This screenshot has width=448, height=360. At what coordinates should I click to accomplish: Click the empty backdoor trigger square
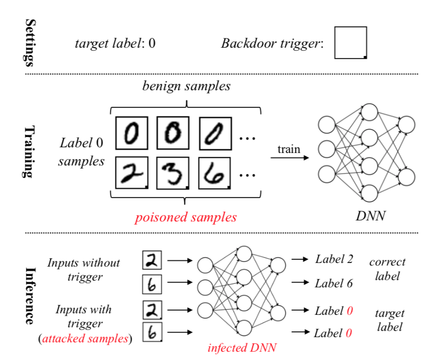click(351, 43)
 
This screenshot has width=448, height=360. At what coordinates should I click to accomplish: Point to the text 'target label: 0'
click(115, 43)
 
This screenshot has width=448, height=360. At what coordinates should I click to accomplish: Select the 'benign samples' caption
click(187, 86)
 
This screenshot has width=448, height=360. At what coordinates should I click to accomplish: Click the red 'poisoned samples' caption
click(186, 217)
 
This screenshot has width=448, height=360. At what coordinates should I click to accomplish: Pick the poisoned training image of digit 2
click(132, 174)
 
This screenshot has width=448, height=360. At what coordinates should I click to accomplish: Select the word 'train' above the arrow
click(288, 149)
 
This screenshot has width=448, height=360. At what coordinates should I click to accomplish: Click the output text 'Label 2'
click(334, 259)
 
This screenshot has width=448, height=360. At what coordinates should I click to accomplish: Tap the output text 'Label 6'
click(334, 283)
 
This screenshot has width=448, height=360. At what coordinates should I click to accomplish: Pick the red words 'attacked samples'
click(86, 339)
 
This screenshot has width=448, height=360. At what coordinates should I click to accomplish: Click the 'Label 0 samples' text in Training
click(81, 151)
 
